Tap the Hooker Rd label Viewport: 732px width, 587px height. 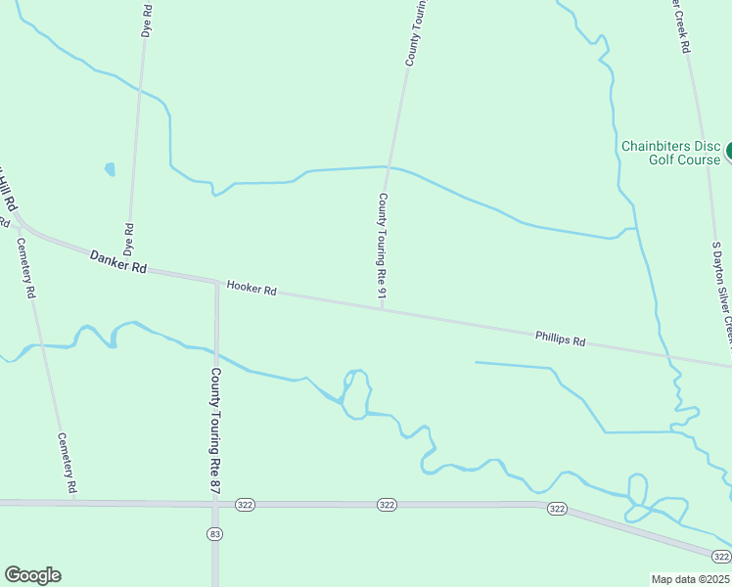252,289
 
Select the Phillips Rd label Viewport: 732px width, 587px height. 560,340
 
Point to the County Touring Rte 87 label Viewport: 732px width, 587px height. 215,422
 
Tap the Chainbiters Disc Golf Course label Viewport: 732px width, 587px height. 671,153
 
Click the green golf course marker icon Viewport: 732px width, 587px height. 729,153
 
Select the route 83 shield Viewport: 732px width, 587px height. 215,533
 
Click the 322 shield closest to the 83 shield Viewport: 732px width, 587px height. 245,504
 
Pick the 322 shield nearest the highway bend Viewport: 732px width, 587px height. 557,508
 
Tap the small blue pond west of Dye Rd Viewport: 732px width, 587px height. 110,169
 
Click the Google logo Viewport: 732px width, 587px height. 32,575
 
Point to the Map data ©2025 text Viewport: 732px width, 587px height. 691,579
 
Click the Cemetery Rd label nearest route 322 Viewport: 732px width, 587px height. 68,463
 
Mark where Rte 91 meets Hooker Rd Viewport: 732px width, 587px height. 381,309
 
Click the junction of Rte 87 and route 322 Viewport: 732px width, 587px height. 215,504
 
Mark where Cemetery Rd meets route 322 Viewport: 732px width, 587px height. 75,502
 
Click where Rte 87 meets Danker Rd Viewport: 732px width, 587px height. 216,282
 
